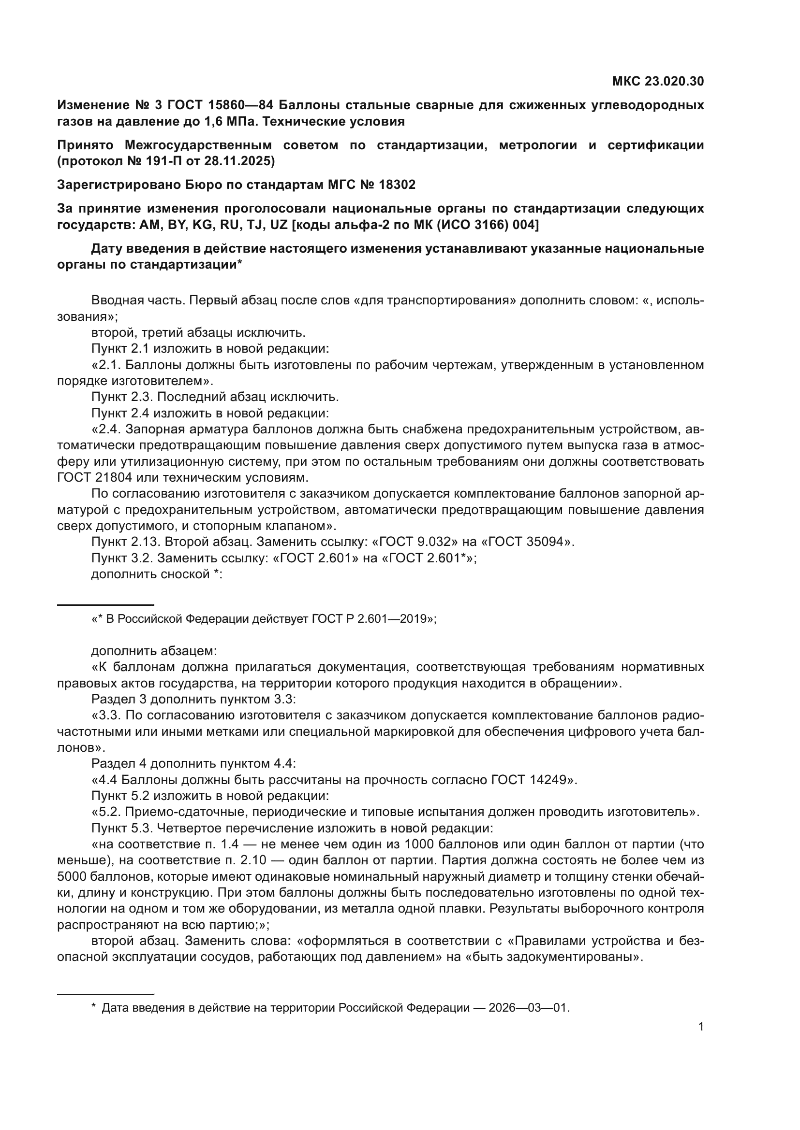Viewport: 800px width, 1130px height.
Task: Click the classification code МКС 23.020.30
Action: coord(658,81)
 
